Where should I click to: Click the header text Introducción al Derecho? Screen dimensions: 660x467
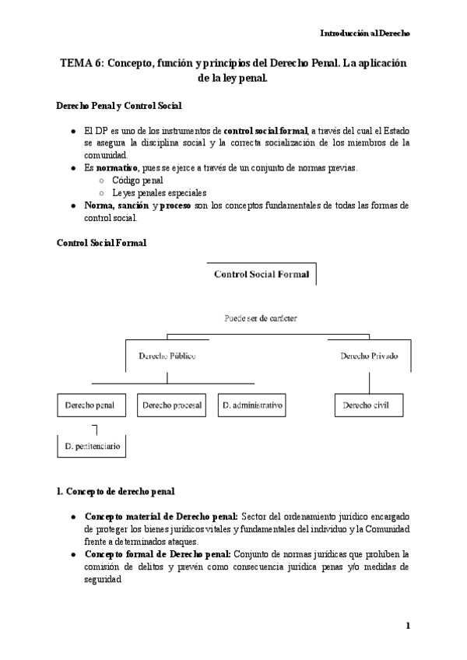tap(365, 33)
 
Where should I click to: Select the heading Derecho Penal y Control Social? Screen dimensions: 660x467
tap(121, 105)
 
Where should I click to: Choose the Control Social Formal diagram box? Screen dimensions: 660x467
tap(261, 274)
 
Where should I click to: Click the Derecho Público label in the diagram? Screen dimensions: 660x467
tap(167, 356)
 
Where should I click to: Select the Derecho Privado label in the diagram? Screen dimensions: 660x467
tap(369, 356)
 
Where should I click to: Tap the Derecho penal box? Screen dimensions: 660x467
tap(90, 405)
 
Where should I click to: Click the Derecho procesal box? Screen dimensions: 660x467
tap(173, 405)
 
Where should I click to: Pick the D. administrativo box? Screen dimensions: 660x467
tap(251, 405)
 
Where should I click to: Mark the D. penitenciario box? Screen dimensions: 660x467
tap(92, 447)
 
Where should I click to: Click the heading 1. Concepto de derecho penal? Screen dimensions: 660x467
tap(116, 491)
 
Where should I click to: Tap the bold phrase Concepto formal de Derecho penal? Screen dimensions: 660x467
tap(157, 553)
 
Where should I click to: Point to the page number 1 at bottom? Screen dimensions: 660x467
tap(407, 626)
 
